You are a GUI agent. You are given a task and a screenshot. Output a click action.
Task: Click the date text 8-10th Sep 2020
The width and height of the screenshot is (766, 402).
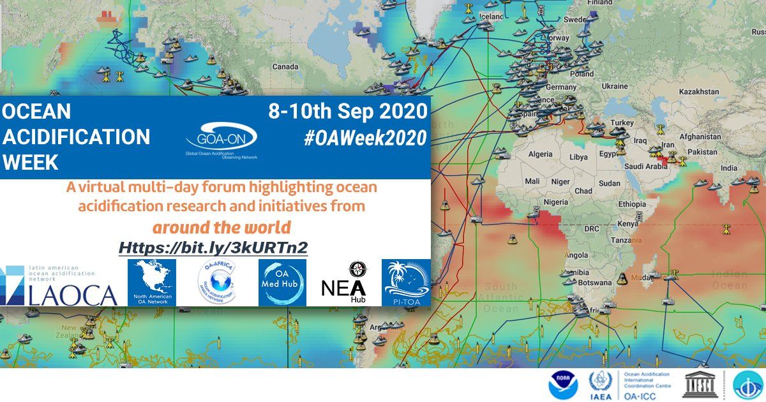[347, 111]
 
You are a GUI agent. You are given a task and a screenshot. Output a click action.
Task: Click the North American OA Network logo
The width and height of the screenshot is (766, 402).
[151, 283]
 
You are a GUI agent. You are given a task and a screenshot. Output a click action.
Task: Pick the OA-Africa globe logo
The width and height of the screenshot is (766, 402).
[216, 283]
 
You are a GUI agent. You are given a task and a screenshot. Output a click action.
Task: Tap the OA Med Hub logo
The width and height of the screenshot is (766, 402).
[282, 283]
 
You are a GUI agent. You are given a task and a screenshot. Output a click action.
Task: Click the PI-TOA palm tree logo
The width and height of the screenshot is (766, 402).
[405, 283]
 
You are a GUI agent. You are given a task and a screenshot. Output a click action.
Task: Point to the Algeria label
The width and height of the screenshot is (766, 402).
[540, 154]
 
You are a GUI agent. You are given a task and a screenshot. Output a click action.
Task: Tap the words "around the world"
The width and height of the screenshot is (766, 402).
[222, 228]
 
